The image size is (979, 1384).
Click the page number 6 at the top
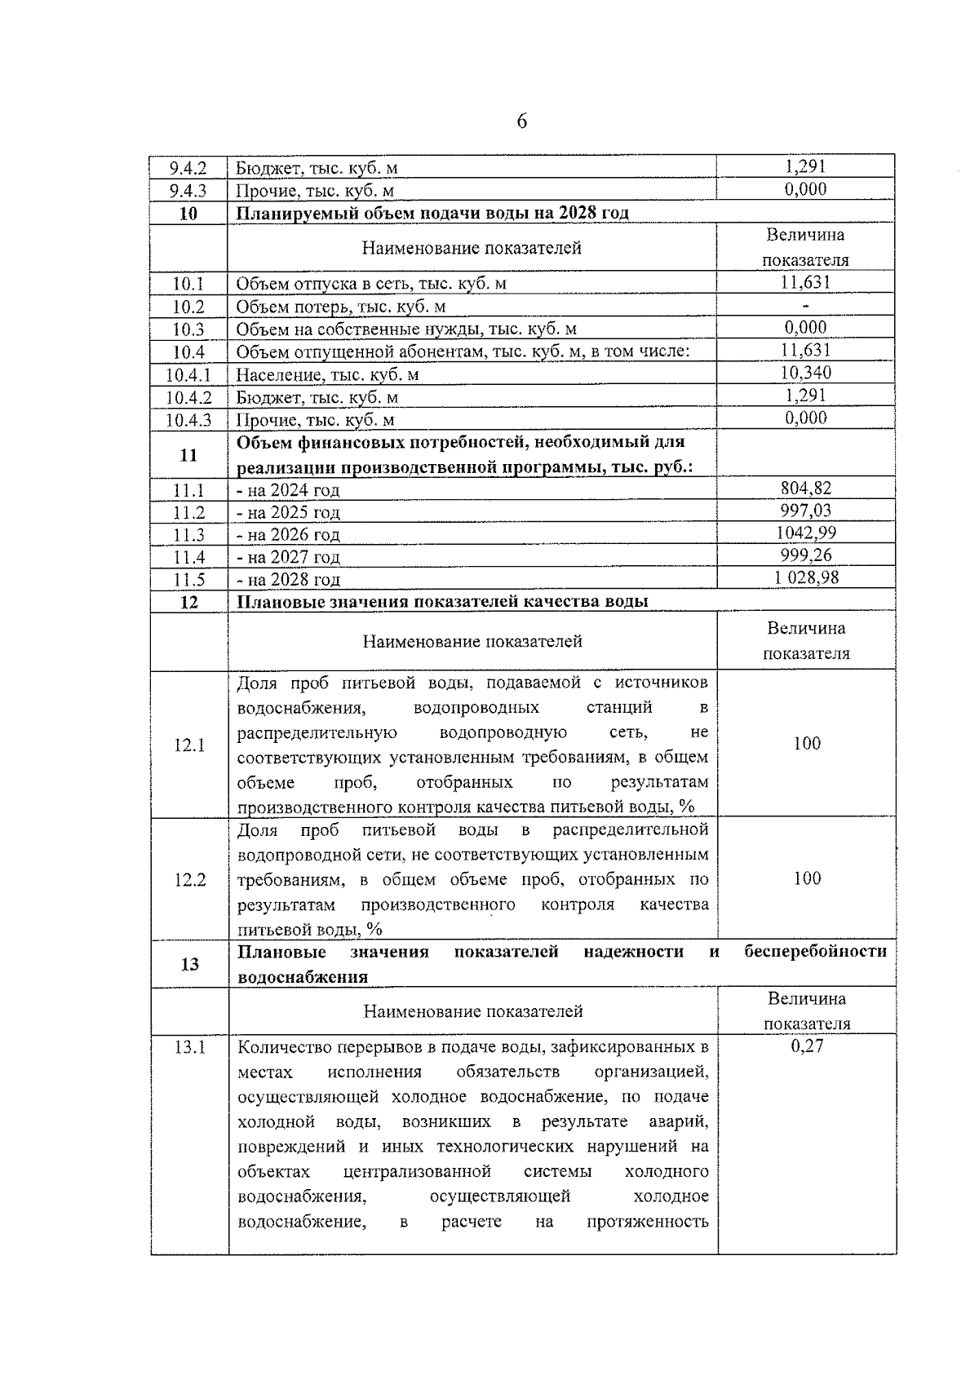point(522,122)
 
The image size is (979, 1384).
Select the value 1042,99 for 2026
point(806,533)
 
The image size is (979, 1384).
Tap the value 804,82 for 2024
point(806,489)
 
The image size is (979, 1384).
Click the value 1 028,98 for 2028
point(806,578)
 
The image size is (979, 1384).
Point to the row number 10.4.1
point(188,375)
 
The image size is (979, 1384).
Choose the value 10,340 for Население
point(806,374)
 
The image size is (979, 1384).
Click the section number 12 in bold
point(188,603)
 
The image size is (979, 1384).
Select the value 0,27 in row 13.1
point(807,1046)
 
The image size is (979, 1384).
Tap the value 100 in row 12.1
point(807,744)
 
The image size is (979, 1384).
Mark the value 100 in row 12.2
point(807,879)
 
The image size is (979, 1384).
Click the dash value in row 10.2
point(806,306)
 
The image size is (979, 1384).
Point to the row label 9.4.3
point(188,192)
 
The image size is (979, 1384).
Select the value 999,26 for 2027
point(806,555)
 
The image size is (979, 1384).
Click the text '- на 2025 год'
point(288,513)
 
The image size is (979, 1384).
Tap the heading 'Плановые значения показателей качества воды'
point(442,602)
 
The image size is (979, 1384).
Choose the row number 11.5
point(188,580)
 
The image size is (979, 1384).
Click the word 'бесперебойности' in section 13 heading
point(815,952)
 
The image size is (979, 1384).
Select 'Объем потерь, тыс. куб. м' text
point(341,307)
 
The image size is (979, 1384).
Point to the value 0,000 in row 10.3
point(806,328)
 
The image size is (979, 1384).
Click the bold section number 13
point(189,965)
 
